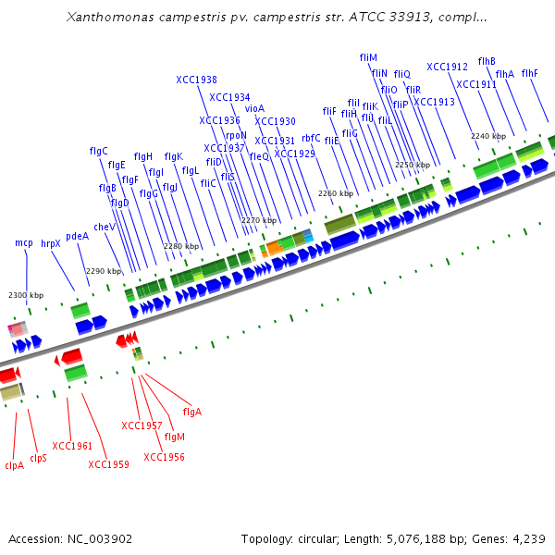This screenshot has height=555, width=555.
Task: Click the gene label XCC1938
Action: coord(196,80)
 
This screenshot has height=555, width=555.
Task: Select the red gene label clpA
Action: coord(14,465)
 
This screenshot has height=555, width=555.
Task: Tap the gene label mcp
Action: coord(24,242)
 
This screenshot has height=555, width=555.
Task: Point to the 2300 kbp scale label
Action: coord(26,295)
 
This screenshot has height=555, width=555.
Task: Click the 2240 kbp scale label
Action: coord(487,136)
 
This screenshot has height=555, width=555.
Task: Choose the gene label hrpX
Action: coord(50,243)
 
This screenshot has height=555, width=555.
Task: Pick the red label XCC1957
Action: coord(142,425)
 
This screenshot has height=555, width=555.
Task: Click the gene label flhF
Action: coord(529,73)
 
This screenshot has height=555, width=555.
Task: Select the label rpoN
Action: coord(236,135)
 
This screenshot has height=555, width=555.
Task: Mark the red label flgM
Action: coord(174,436)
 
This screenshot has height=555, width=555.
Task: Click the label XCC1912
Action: coord(447,67)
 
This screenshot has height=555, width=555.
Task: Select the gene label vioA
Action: coord(254,108)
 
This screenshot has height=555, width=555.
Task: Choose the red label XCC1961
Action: coord(72,446)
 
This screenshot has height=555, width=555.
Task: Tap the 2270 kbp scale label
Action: coord(259,220)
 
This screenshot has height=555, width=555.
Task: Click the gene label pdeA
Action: coord(77,236)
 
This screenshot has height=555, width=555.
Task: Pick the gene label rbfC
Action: coord(311,138)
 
